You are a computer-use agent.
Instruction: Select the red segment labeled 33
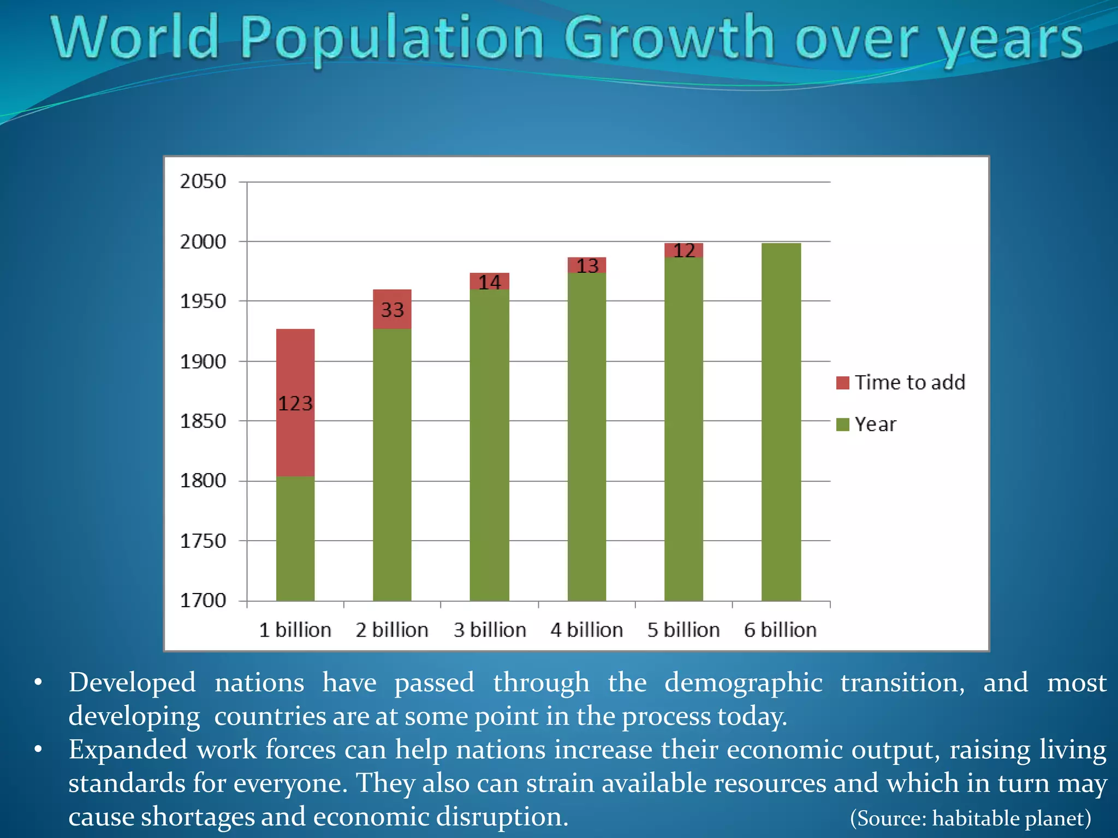tap(392, 309)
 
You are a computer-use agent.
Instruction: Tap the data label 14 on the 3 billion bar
tap(490, 283)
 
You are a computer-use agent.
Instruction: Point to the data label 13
tap(587, 266)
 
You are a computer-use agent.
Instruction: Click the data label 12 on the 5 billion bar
tap(684, 251)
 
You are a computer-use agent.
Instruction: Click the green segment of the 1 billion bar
tap(295, 538)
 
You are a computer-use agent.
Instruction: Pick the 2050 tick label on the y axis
tap(203, 182)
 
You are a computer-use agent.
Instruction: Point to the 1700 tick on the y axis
tap(203, 601)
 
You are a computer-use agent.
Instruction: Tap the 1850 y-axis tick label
tap(203, 421)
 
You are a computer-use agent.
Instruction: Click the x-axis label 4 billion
tap(587, 630)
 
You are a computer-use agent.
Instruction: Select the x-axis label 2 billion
tap(392, 630)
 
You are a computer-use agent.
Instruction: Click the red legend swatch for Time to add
tap(843, 382)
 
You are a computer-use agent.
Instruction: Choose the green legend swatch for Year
tap(843, 424)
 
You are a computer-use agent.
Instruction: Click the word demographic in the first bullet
tap(743, 683)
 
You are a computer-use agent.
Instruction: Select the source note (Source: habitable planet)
tap(971, 818)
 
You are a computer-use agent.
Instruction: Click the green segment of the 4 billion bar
tap(587, 436)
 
